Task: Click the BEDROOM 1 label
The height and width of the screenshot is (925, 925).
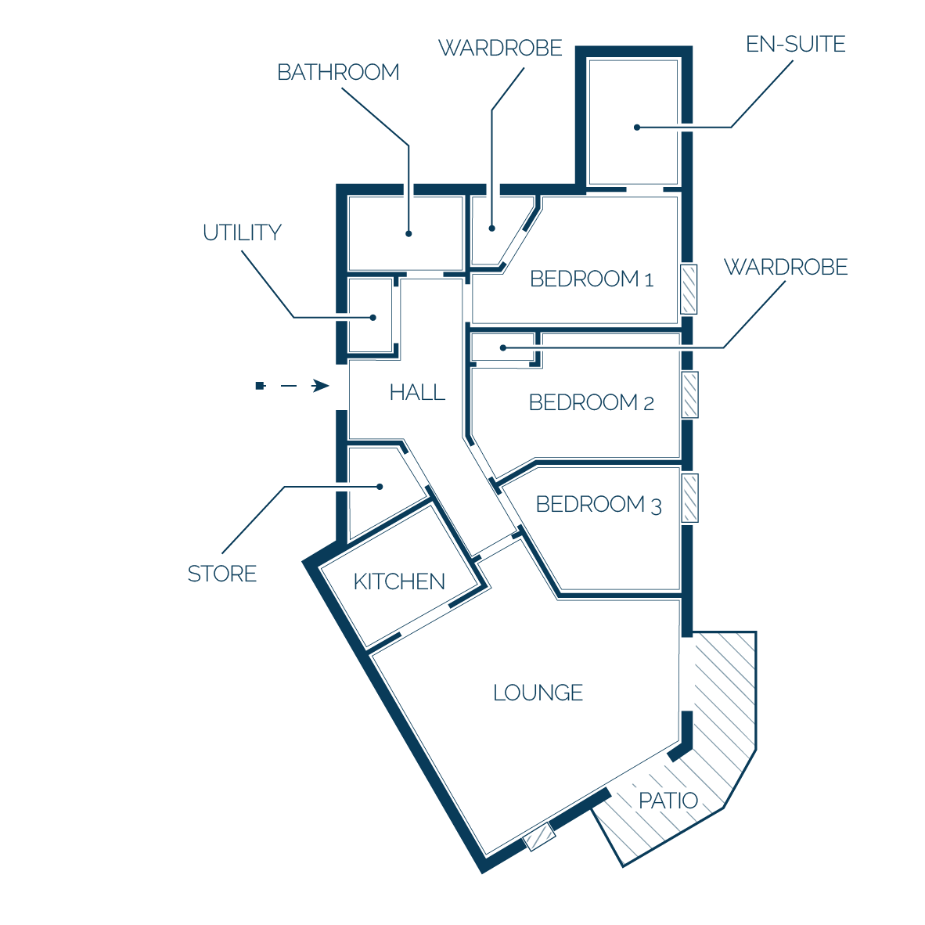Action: (x=592, y=279)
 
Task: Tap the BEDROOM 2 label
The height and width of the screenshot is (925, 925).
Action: (x=591, y=402)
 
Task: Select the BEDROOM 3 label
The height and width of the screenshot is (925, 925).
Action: (x=599, y=505)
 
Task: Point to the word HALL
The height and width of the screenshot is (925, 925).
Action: (x=417, y=392)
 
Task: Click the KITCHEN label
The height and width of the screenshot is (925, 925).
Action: (x=399, y=581)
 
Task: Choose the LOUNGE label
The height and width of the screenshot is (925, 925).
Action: (x=538, y=693)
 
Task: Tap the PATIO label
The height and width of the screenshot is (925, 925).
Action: (x=668, y=801)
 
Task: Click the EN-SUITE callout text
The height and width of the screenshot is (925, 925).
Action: (x=795, y=45)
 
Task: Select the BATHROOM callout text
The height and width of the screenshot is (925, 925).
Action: (x=338, y=72)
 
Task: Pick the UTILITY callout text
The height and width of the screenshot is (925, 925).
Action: (x=242, y=232)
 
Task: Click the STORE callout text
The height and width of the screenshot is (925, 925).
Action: (x=221, y=574)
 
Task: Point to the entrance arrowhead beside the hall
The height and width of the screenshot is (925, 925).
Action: (x=321, y=386)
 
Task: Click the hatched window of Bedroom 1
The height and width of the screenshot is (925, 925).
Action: (x=689, y=289)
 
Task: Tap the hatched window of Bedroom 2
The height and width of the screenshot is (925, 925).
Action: (x=689, y=394)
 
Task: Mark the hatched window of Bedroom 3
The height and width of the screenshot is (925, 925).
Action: (x=689, y=498)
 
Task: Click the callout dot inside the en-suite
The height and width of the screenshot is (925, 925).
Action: (x=637, y=128)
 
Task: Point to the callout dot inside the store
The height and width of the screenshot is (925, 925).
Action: (x=380, y=487)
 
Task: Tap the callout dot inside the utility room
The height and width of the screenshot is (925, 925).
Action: (x=373, y=318)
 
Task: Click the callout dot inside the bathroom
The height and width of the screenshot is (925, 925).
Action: (x=409, y=234)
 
